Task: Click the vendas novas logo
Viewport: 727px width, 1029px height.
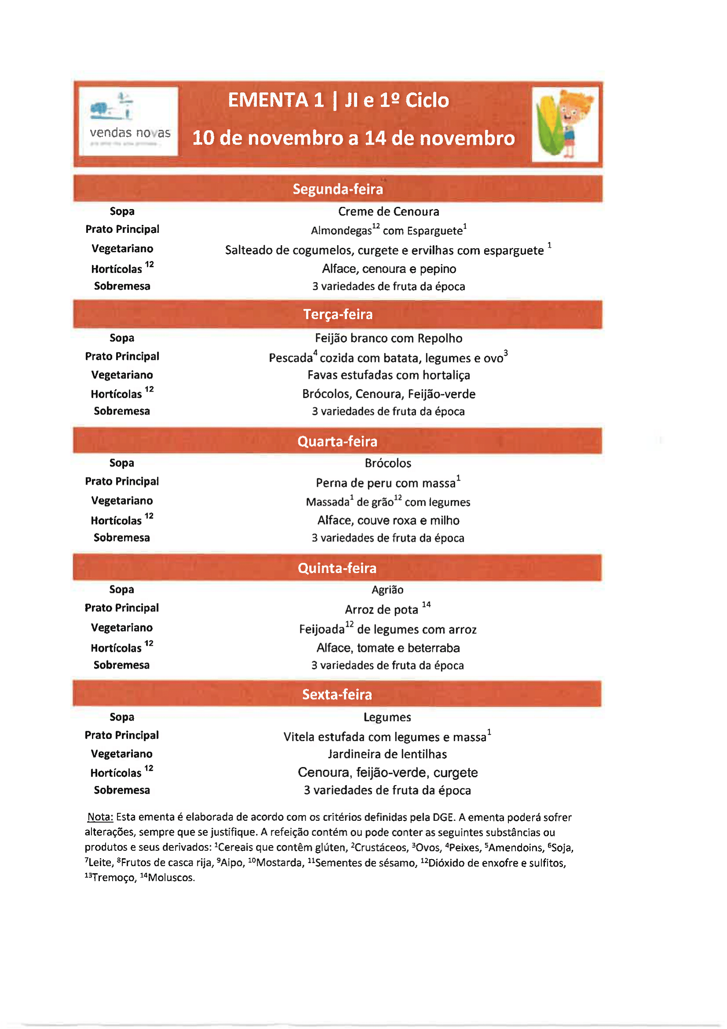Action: (x=128, y=121)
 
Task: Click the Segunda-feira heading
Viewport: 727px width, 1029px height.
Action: (x=338, y=189)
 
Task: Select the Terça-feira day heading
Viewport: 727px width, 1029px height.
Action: (x=338, y=314)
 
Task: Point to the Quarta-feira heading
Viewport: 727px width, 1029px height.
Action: (x=337, y=441)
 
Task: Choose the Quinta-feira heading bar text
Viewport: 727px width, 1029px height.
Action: (x=337, y=568)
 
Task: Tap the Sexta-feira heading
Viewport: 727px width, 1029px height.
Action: (x=337, y=694)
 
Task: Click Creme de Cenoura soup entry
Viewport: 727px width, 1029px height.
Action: (x=388, y=212)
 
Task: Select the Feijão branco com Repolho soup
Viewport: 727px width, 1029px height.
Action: (x=388, y=338)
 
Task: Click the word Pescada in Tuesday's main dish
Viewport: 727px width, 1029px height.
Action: (x=291, y=358)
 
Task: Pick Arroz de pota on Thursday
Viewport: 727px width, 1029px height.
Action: (x=381, y=610)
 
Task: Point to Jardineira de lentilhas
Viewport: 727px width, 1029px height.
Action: (x=387, y=754)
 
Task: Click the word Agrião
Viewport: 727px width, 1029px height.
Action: (x=387, y=590)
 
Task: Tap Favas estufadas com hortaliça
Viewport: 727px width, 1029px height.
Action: (x=388, y=375)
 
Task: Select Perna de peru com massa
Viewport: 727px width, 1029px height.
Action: (x=386, y=483)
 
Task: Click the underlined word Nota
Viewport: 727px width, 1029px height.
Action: (x=100, y=817)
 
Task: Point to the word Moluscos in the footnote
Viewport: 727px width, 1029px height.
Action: (x=171, y=878)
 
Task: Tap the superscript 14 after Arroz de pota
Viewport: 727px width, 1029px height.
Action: (x=426, y=605)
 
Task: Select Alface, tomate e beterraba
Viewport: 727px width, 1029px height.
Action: (x=388, y=648)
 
